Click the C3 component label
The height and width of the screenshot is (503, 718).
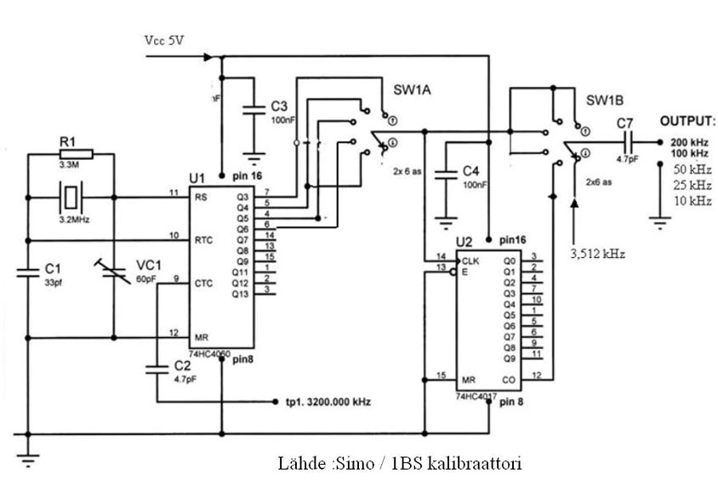(279, 106)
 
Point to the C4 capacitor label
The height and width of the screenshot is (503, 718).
(472, 172)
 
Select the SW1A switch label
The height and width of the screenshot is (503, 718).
(412, 89)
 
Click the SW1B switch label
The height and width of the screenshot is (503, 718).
(603, 100)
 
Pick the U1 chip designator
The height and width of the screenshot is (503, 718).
(197, 178)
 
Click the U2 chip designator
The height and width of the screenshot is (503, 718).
(464, 241)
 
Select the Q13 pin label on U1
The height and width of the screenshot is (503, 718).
(241, 293)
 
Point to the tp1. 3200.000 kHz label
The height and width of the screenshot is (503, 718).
(328, 401)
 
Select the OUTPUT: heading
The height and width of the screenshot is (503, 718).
(687, 121)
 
